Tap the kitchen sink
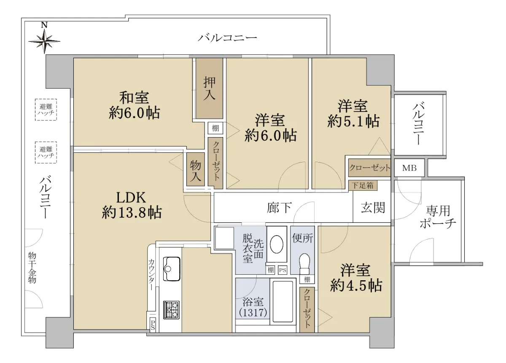pos(172,269)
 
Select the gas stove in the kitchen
pos(172,310)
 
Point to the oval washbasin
pos(277,244)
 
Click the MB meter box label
pos(409,168)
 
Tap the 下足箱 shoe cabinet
pos(363,185)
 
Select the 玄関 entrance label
pos(373,208)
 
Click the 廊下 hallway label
pos(279,208)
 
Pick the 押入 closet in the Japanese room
pos(209,88)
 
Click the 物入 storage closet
pos(195,169)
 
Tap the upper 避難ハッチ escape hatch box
pos(46,109)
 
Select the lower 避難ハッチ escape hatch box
pos(46,152)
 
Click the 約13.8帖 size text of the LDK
pos(132,213)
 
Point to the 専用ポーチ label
pos(438,217)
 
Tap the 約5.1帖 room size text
pos(353,121)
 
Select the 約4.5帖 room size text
pos(356,285)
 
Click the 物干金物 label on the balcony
pos(32,268)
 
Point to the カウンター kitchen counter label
pos(151,275)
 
